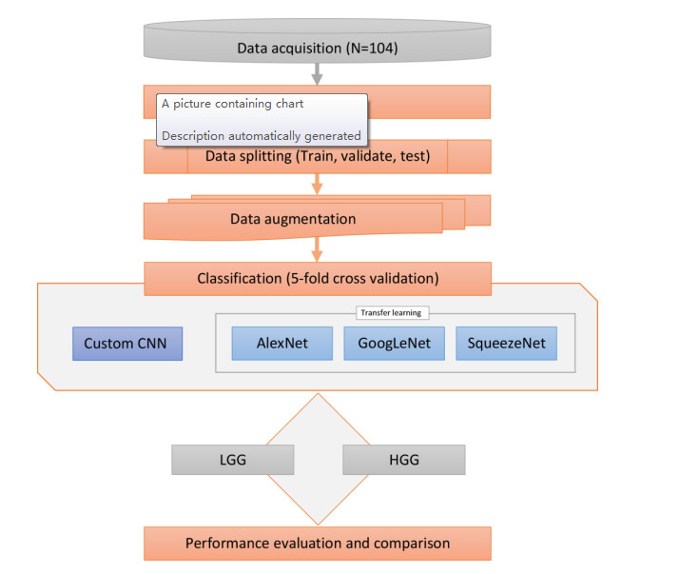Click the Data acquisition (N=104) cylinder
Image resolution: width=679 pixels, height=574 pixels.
(x=317, y=46)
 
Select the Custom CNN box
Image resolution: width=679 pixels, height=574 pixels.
(x=127, y=344)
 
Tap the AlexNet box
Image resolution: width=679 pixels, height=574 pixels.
(x=281, y=344)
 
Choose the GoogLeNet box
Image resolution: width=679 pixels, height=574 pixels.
(x=394, y=344)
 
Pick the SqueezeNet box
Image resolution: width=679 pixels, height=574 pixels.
(x=506, y=344)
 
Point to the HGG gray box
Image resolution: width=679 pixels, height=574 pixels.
(x=403, y=459)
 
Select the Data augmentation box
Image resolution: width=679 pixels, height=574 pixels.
(x=293, y=220)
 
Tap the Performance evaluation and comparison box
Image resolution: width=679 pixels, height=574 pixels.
(x=318, y=544)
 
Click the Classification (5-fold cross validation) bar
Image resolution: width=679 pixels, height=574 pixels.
(x=318, y=279)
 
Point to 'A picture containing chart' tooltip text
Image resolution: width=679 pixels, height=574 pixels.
(x=233, y=104)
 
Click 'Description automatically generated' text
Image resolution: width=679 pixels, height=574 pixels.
(x=261, y=135)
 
